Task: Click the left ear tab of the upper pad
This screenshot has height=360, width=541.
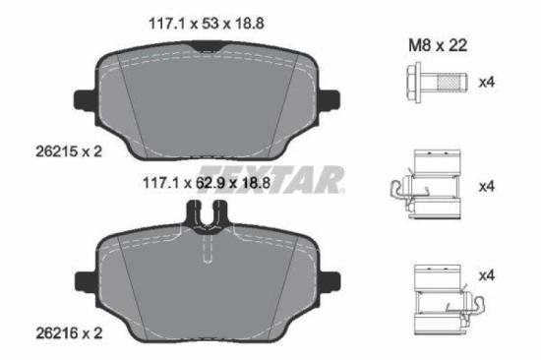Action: point(82,100)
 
